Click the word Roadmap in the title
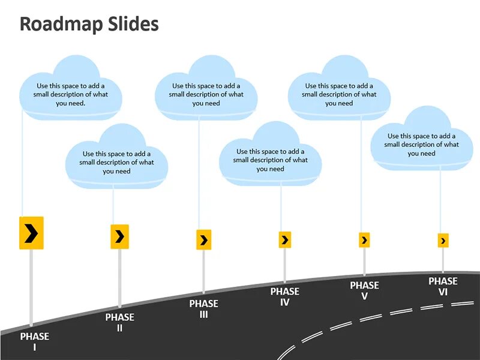coord(62,24)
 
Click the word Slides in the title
coord(134,24)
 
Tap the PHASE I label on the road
coord(34,341)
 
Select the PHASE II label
coord(119,322)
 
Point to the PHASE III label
coord(203,309)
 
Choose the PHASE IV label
coord(284,296)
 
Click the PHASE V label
coord(364,290)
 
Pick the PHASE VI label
coord(443,286)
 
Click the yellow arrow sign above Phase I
coord(31,233)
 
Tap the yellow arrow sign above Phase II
coord(119,236)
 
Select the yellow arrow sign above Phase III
coord(203,240)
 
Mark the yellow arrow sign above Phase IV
coord(285,240)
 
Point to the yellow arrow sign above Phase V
coord(364,240)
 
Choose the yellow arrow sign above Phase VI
coord(443,241)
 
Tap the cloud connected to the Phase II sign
coord(116,159)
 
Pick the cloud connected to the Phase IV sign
coord(270,157)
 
